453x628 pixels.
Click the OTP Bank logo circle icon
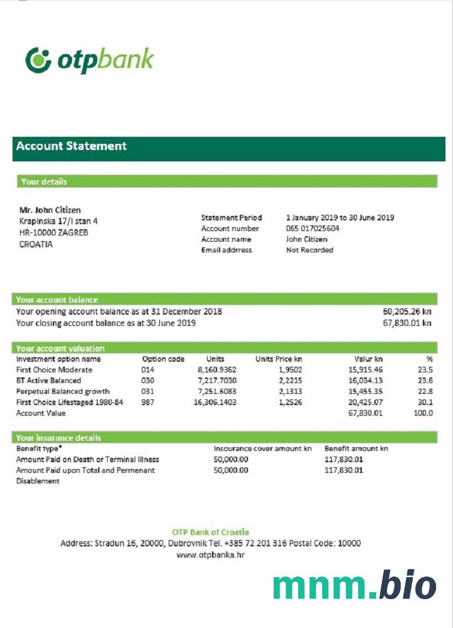coord(38,60)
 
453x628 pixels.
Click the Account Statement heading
coord(71,146)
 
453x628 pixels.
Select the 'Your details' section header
coord(44,181)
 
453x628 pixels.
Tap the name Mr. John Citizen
coord(50,210)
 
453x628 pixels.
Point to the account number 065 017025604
coord(313,229)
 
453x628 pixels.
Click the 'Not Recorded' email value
coord(310,250)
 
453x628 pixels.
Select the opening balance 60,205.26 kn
coord(407,311)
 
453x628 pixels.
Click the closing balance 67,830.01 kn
coord(407,323)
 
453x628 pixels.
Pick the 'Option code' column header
coord(164,359)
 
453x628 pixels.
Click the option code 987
coord(148,403)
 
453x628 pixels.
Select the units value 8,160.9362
coord(216,370)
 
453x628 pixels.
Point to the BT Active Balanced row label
coord(48,381)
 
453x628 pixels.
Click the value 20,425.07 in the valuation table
coord(365,403)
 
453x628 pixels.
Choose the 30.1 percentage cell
coord(425,403)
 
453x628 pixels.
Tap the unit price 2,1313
coord(290,391)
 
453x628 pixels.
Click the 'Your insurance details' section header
coord(59,438)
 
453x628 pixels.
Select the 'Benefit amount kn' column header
coord(356,449)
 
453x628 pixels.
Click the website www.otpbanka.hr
coord(210,555)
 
